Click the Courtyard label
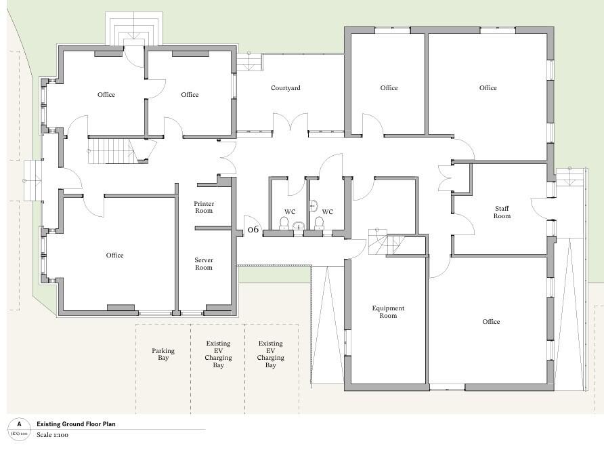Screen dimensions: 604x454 286,88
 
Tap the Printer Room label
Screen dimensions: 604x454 204,207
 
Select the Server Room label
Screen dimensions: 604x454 204,264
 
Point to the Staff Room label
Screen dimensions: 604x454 502,212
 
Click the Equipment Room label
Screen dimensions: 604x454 388,312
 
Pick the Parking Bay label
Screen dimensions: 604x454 163,354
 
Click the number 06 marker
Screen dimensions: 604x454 253,230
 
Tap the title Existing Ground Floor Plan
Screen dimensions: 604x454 76,424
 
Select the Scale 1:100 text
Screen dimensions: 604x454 52,435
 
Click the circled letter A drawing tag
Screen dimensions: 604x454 19,428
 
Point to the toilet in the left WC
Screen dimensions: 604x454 284,222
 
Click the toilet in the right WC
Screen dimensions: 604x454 319,222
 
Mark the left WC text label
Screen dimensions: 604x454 290,211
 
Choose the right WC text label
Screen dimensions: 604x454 328,211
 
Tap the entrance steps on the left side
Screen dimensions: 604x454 33,180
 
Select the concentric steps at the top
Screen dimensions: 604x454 135,29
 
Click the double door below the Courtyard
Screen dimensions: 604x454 291,123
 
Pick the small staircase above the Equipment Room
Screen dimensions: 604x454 387,242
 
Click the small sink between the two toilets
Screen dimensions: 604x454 299,225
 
